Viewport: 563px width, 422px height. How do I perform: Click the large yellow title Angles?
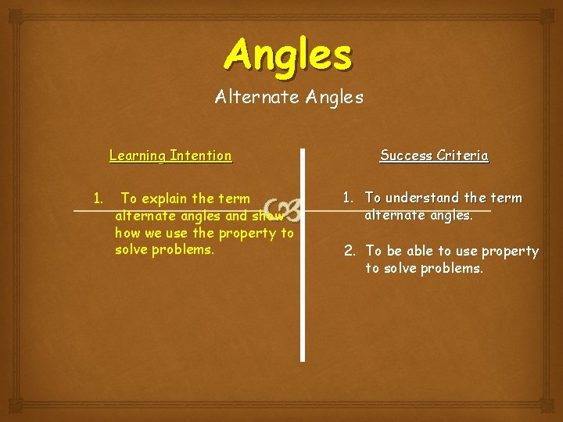tap(289, 55)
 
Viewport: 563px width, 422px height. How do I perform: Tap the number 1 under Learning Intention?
tap(97, 198)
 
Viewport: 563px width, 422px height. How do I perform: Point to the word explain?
tap(168, 198)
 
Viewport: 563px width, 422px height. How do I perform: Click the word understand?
tap(421, 198)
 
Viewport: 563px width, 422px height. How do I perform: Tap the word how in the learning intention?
tap(127, 233)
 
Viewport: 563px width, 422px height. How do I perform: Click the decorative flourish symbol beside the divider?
tap(283, 209)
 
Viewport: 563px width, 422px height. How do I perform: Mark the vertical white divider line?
tap(303, 297)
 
